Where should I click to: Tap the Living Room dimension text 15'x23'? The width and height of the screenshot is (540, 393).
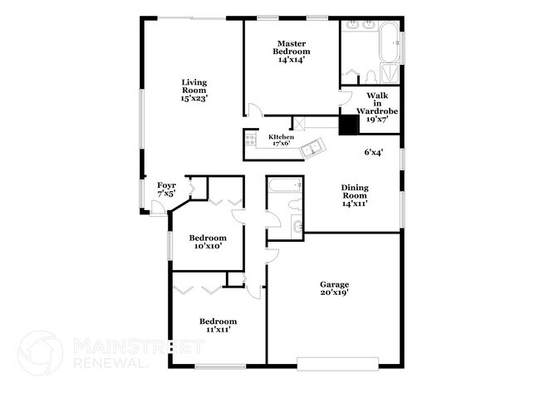pos(194,98)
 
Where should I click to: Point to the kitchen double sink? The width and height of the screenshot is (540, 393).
pos(313,149)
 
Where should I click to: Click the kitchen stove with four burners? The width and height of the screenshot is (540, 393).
pos(250,140)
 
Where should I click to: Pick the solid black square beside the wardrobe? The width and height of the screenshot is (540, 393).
pos(348,124)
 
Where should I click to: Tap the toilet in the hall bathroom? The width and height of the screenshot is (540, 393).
pos(294,204)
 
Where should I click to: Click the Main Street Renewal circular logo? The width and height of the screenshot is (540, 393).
pos(39,353)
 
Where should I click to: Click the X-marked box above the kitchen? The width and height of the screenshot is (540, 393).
pos(300,123)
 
